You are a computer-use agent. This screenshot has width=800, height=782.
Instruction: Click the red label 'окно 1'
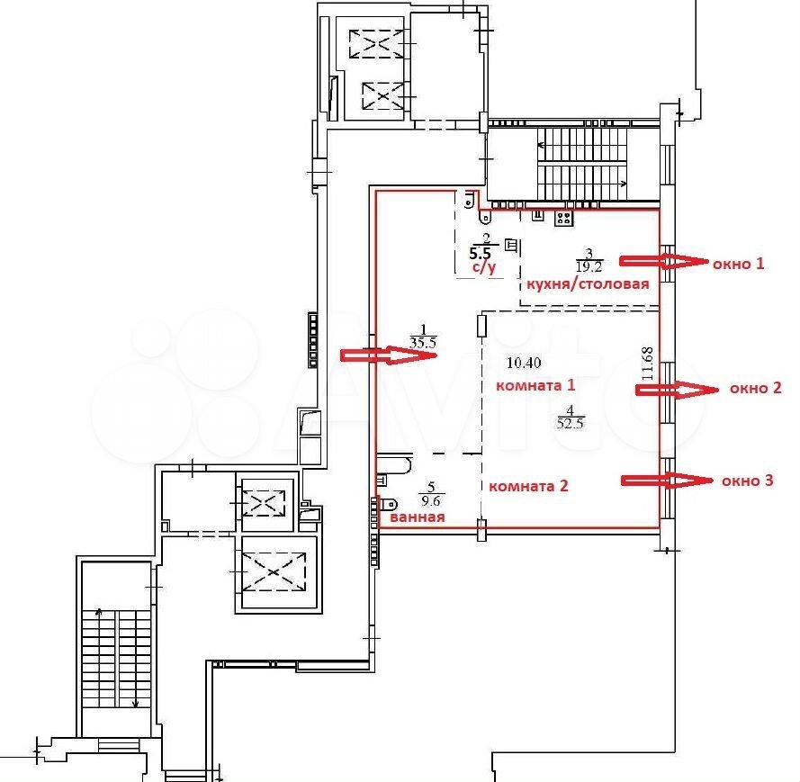[x=738, y=264]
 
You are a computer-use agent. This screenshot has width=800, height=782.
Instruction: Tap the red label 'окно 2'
[x=756, y=388]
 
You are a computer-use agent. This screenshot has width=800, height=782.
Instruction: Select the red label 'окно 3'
[x=748, y=481]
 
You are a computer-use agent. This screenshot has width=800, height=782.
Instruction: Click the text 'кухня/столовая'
[x=588, y=284]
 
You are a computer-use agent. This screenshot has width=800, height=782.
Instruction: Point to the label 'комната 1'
[x=535, y=385]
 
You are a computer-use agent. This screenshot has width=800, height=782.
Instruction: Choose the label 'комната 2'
[x=528, y=486]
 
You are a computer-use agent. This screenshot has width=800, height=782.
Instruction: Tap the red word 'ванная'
[x=418, y=517]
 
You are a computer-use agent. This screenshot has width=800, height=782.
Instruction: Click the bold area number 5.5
[x=480, y=253]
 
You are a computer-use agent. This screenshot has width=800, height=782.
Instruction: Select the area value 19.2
[x=589, y=265]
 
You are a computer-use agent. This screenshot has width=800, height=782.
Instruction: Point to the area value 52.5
[x=571, y=423]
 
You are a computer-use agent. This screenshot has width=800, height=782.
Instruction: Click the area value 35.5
[x=423, y=342]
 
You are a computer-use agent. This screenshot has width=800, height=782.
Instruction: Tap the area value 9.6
[x=431, y=501]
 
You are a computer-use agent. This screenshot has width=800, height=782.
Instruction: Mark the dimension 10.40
[x=524, y=363]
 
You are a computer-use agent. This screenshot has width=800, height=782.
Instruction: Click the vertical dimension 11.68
[x=647, y=364]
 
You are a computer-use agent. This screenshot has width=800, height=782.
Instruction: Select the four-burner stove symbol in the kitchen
[x=563, y=219]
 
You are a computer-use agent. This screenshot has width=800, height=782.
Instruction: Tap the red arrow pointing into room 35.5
[x=390, y=355]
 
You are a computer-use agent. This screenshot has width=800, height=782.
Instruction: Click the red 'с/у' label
[x=482, y=266]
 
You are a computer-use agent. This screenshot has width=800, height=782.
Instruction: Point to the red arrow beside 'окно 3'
[x=667, y=481]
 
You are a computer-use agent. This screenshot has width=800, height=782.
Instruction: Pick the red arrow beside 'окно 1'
[x=664, y=261]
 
